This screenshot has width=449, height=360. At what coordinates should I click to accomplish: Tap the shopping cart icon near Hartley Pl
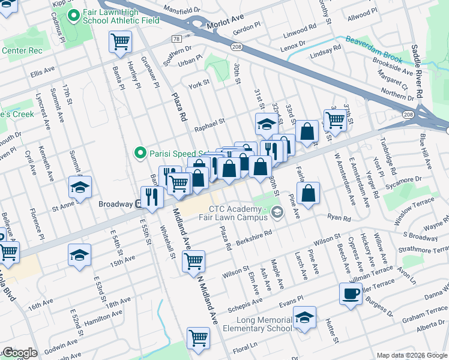(x=120, y=42)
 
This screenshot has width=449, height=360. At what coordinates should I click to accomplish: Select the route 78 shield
(x=176, y=38)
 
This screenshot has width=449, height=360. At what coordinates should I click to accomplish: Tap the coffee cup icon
(x=351, y=293)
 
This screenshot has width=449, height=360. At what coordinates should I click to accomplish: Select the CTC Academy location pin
(x=277, y=211)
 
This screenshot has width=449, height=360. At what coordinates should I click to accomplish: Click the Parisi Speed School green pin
(x=140, y=154)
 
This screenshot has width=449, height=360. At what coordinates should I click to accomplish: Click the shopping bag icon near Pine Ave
(x=308, y=193)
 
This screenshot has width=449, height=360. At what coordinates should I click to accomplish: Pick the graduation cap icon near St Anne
(x=80, y=187)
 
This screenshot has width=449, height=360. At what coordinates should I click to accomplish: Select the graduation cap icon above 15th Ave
(x=80, y=254)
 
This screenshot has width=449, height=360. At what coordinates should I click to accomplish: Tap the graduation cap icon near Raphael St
(x=267, y=124)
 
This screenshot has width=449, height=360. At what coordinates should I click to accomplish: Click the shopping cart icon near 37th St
(x=335, y=119)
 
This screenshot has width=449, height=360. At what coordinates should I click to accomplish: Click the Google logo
(x=20, y=353)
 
